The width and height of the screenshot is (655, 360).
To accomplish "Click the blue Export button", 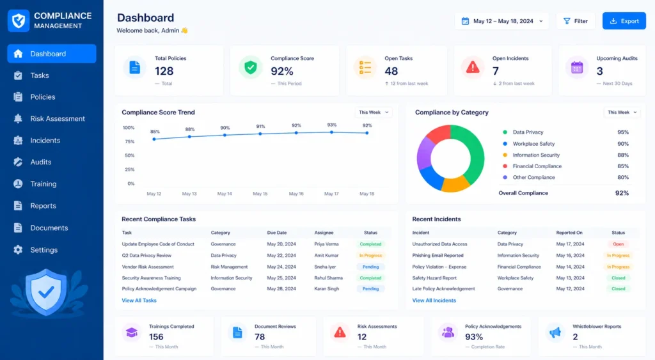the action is pyautogui.click(x=624, y=21).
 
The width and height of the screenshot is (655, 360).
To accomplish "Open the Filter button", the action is pyautogui.click(x=575, y=21).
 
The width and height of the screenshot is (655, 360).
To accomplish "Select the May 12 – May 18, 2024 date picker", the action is pyautogui.click(x=501, y=21).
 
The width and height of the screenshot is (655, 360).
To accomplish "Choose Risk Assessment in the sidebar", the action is pyautogui.click(x=57, y=118).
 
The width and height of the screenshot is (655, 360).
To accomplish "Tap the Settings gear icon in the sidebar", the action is pyautogui.click(x=18, y=250).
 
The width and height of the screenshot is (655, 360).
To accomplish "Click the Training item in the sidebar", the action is pyautogui.click(x=43, y=184).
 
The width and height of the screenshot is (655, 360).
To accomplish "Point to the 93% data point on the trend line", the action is pyautogui.click(x=332, y=132).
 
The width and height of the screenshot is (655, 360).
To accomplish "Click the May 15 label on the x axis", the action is pyautogui.click(x=260, y=194).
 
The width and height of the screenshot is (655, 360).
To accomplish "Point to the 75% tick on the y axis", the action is pyautogui.click(x=130, y=141).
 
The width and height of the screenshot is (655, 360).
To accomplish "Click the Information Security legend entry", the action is pyautogui.click(x=536, y=155).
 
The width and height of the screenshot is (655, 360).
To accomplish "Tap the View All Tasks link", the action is pyautogui.click(x=139, y=301).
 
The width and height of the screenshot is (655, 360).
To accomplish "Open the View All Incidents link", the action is pyautogui.click(x=434, y=301).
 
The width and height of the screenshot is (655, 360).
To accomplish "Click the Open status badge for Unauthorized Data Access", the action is pyautogui.click(x=619, y=244).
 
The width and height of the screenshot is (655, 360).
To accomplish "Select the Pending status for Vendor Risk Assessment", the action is pyautogui.click(x=370, y=267).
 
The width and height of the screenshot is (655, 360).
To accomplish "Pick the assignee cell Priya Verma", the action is pyautogui.click(x=326, y=244).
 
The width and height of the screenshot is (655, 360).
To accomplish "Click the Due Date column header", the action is pyautogui.click(x=276, y=233).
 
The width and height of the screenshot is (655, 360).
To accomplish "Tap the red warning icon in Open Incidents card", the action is pyautogui.click(x=473, y=67).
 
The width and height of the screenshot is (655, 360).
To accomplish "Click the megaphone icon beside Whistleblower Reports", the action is pyautogui.click(x=555, y=333).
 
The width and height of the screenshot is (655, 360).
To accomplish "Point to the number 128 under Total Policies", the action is pyautogui.click(x=164, y=71).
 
